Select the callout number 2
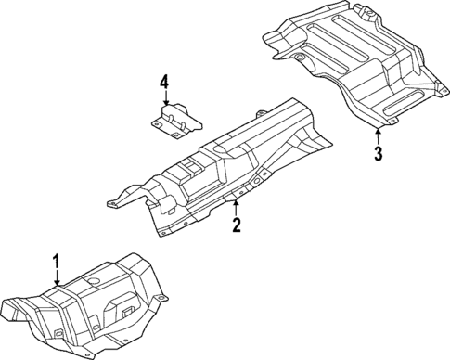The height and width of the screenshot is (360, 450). (237, 224)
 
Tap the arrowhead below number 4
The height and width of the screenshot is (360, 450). (164, 109)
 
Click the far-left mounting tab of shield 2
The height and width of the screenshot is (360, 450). (109, 200)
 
